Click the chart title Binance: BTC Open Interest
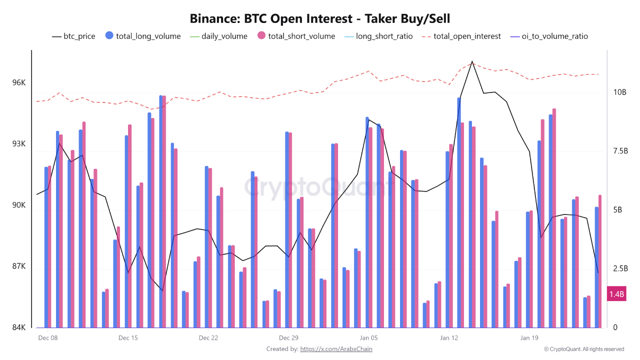(320, 19)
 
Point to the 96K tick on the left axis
(18, 82)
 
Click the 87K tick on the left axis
(18, 267)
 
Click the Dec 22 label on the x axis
(208, 337)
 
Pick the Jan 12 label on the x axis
(448, 337)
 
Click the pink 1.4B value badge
(616, 294)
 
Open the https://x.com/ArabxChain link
(336, 349)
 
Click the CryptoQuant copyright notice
(584, 349)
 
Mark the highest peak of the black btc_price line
(471, 62)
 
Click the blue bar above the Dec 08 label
(46, 247)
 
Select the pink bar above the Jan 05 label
(370, 227)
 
